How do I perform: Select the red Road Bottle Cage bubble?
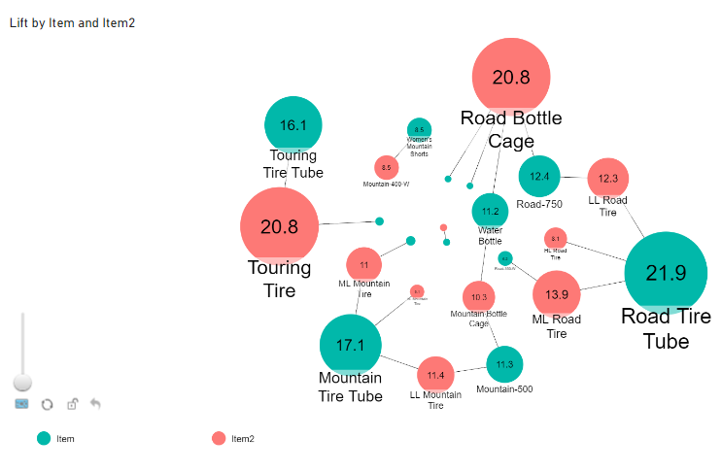[x=511, y=78]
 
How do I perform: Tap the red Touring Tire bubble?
[x=280, y=226]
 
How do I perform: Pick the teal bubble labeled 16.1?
[x=293, y=125]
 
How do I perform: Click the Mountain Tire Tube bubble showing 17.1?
[x=350, y=345]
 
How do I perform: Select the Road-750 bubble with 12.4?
[x=539, y=176]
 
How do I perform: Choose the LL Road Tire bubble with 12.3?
[x=608, y=178]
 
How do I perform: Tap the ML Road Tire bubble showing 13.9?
[x=557, y=294]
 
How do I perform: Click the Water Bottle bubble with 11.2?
[x=490, y=211]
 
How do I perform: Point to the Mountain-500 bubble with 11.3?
[x=504, y=364]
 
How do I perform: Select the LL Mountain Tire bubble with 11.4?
[x=435, y=374]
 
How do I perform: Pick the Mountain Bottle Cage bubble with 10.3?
[x=479, y=296]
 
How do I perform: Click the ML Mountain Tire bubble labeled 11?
[x=363, y=264]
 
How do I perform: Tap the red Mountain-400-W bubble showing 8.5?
[x=387, y=167]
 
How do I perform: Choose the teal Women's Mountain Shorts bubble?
[x=419, y=129]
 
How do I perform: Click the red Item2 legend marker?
[x=219, y=439]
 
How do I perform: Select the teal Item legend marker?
[x=44, y=439]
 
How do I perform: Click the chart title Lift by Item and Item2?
[x=72, y=22]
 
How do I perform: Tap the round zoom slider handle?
[x=21, y=383]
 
